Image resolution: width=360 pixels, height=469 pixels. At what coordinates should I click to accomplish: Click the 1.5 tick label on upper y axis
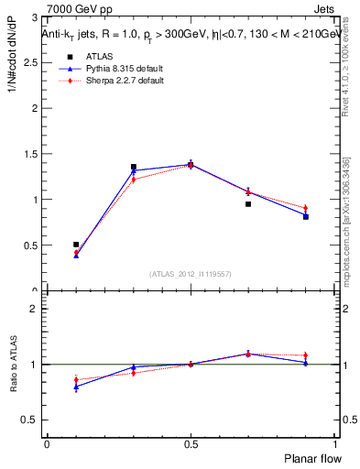tap(33, 154)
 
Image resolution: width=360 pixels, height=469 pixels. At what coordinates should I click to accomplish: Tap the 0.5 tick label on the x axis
tap(191, 444)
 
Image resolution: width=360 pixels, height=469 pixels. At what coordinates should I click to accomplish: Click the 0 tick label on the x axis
tap(47, 444)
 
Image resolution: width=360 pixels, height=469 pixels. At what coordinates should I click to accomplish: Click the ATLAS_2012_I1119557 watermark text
tap(191, 274)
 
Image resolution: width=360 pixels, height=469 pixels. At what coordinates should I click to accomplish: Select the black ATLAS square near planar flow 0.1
tap(76, 245)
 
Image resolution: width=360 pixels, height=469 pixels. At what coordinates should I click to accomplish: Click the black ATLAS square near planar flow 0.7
tap(248, 204)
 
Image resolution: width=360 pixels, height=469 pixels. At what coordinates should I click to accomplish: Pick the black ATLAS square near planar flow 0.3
tap(134, 168)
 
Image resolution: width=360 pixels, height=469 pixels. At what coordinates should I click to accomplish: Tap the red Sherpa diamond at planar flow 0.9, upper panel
tap(306, 208)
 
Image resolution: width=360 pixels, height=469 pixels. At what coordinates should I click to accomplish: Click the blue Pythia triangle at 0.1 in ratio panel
tap(76, 387)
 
